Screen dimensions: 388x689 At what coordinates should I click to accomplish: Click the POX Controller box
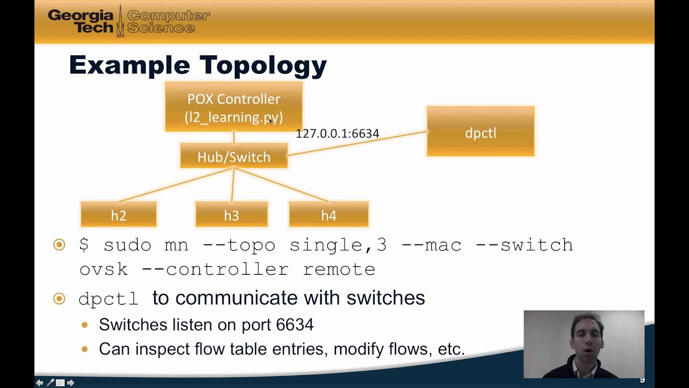click(233, 107)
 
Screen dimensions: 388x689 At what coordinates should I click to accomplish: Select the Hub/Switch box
click(234, 156)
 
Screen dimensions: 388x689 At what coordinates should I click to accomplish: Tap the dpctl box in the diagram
click(480, 132)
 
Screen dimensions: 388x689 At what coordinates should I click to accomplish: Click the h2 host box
click(118, 215)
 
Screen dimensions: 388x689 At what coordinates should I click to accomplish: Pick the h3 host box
click(231, 215)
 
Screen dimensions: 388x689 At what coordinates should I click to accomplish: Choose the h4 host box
click(328, 215)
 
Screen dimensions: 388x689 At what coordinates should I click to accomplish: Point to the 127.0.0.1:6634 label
click(337, 133)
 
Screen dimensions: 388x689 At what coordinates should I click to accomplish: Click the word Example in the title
click(129, 65)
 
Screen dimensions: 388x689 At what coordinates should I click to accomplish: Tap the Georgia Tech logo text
click(81, 21)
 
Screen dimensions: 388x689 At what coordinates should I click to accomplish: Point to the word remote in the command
click(339, 269)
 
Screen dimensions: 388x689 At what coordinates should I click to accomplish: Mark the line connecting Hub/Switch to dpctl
click(358, 143)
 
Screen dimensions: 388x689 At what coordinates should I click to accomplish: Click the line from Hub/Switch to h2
click(175, 185)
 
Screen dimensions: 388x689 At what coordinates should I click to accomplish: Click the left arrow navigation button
click(39, 383)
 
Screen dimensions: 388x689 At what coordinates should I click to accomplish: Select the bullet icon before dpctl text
click(59, 299)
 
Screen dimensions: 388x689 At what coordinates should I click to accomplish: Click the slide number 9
click(642, 380)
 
